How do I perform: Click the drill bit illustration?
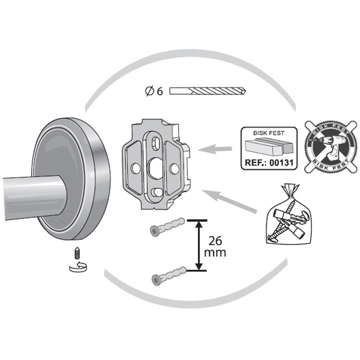point(208,91)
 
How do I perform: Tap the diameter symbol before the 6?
point(149,91)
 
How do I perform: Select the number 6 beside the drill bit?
point(160,91)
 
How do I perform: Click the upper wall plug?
point(167,226)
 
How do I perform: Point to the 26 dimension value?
point(215,240)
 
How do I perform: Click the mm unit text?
point(215,253)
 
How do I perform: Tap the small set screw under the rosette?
point(77,253)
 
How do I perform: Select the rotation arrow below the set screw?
point(78,267)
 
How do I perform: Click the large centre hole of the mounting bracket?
point(155,168)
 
